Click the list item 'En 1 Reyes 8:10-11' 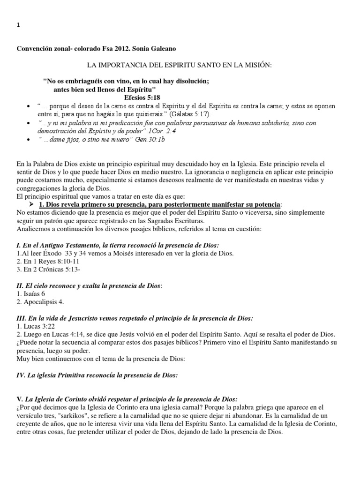[43, 262]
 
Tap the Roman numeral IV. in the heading [21, 375]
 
